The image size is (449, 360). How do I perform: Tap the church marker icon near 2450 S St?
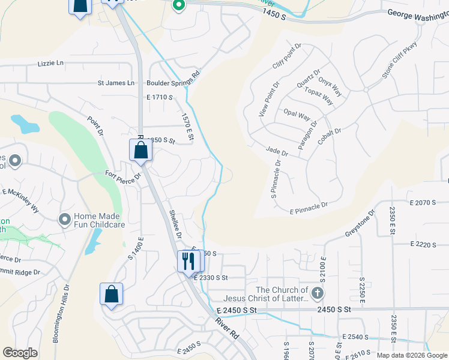point(318,294)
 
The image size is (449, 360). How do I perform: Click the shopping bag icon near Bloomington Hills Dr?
point(111,294)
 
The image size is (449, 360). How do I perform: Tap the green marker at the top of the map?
point(178,6)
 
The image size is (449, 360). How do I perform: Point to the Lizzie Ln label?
point(50,63)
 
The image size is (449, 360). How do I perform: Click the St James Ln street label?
point(118,83)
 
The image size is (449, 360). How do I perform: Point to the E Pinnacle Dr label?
point(309,208)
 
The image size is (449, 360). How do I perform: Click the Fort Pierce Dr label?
point(122,176)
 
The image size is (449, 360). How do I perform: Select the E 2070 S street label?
point(423,203)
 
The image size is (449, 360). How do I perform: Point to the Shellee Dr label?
point(175,223)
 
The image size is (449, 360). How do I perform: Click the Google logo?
point(20,353)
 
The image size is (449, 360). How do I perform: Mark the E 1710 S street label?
point(159,97)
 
